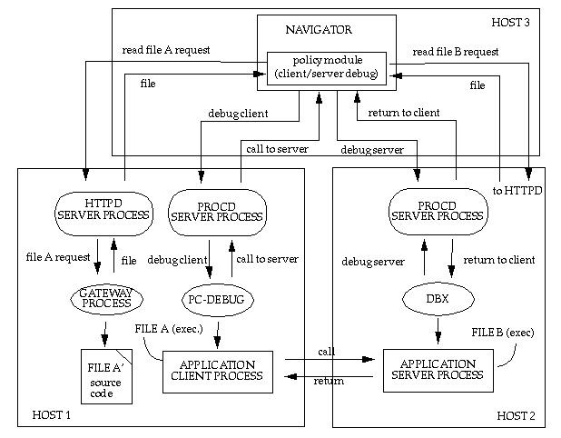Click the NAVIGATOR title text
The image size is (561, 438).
(326, 30)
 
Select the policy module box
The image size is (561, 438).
(326, 67)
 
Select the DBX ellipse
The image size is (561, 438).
(439, 299)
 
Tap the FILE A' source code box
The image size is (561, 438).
(106, 375)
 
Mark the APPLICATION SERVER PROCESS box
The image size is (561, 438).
(438, 369)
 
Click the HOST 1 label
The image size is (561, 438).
(52, 414)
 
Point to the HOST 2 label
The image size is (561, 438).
(516, 415)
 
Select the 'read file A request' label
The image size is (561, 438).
(166, 50)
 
